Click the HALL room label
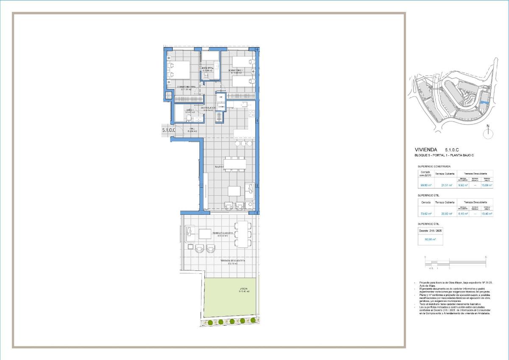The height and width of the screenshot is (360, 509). tap(192, 129)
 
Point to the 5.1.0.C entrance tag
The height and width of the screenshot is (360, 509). tap(168, 130)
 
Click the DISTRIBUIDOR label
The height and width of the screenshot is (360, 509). tap(209, 109)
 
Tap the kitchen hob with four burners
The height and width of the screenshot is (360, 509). tap(251, 113)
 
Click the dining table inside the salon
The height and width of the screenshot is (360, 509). tap(235, 164)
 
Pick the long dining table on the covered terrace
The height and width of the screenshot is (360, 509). tap(243, 234)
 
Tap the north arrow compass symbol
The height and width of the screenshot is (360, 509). tap(488, 133)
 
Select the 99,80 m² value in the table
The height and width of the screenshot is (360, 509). tap(425, 185)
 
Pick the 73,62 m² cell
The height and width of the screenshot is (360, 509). tap(425, 214)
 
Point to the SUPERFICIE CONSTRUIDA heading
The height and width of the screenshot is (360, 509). tap(434, 166)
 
